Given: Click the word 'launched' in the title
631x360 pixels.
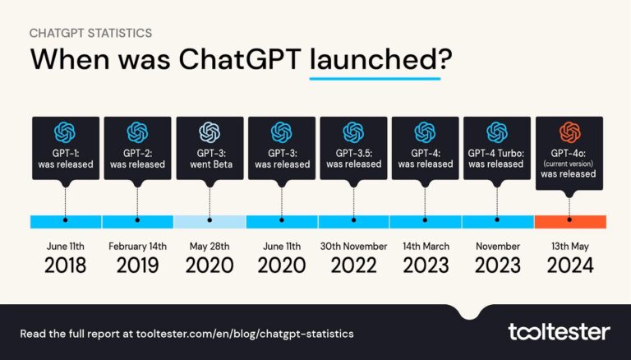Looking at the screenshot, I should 375,60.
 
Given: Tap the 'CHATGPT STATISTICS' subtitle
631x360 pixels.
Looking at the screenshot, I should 90,33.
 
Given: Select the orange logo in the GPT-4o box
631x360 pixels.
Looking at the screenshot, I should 569,132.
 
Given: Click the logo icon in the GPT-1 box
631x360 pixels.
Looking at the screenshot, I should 65,132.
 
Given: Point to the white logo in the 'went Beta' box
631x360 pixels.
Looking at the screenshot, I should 210,132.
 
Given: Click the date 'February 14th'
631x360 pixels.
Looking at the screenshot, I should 137,246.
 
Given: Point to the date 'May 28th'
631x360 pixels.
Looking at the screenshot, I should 210,246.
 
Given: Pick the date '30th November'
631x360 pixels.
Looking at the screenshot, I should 353,246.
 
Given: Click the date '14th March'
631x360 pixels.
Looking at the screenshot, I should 426,246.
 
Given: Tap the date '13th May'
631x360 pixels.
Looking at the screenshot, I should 569,246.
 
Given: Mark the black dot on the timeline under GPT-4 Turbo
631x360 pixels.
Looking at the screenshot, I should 498,221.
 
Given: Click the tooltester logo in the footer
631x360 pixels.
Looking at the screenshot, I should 559,332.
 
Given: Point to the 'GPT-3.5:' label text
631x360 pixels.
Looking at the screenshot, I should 353,153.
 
